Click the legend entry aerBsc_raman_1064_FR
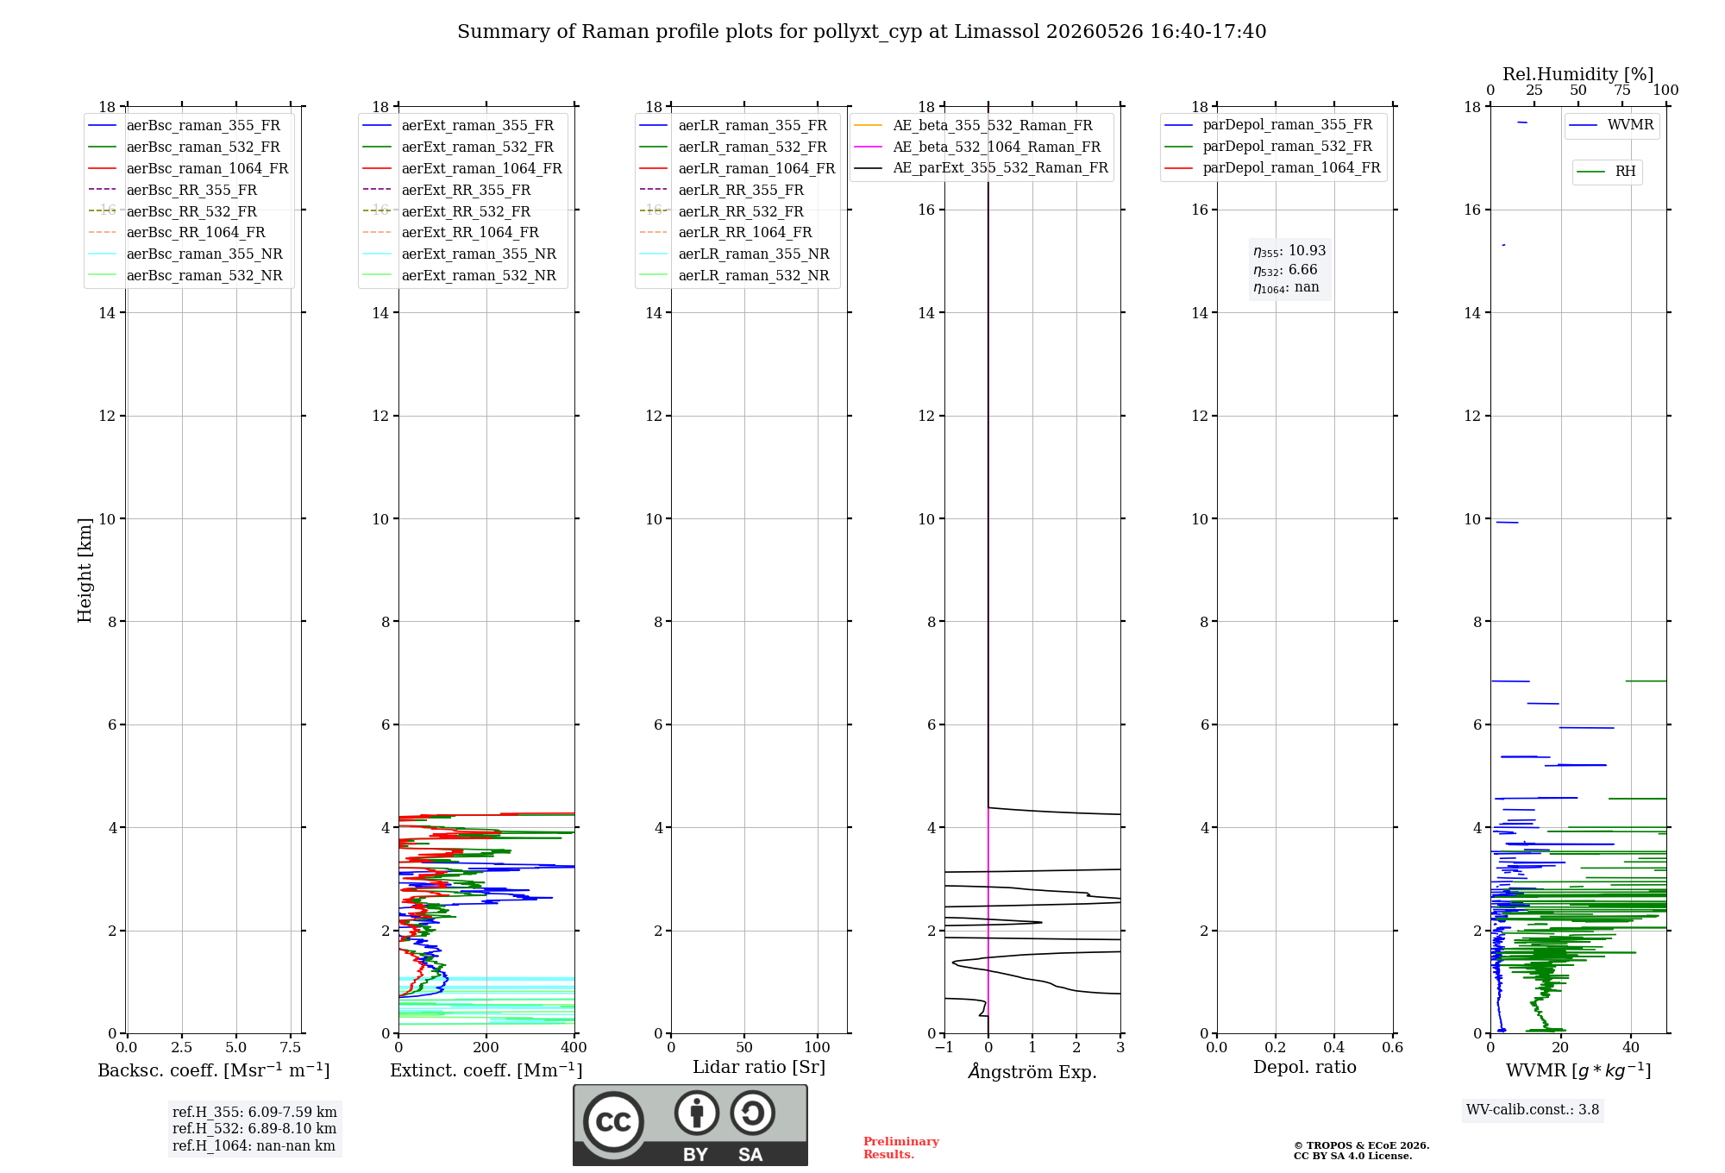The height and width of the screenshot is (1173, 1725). (188, 168)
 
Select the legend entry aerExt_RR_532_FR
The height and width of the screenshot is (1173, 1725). (447, 211)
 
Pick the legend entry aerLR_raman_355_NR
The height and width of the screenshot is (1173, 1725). (735, 254)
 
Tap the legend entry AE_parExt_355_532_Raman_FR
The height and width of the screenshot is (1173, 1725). (982, 167)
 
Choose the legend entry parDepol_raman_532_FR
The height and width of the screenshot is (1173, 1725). (1269, 147)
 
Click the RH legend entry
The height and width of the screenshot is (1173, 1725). (1607, 172)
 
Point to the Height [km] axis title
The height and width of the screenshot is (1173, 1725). (85, 570)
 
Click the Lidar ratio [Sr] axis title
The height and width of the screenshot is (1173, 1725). (759, 1067)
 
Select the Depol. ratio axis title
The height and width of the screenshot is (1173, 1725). (1305, 1067)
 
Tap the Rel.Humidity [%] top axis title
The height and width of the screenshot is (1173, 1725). (1578, 74)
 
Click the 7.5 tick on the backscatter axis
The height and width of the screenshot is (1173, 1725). (291, 1047)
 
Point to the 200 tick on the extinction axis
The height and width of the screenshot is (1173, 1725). (486, 1047)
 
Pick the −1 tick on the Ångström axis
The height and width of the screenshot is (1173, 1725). (944, 1047)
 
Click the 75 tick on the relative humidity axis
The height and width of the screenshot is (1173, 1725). (1622, 91)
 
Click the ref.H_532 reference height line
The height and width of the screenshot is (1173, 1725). (254, 1128)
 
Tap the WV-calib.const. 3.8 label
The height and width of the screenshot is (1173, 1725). (1533, 1109)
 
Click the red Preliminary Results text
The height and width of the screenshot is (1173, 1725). (901, 1148)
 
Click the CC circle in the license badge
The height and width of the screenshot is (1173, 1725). (613, 1121)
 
